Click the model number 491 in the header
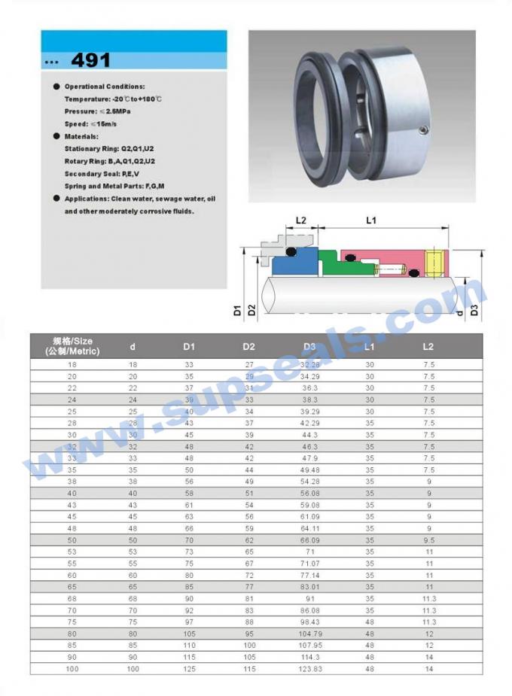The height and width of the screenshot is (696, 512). pos(90,61)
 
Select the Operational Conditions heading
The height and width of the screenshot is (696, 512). pos(105,87)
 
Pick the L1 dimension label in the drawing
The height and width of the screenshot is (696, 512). pos(370,220)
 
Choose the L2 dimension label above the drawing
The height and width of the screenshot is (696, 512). pos(300,220)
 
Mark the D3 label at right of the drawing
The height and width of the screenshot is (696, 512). pos(474,308)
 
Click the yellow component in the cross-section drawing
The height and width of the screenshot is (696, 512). pos(433,261)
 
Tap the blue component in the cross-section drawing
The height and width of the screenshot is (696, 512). pos(287,265)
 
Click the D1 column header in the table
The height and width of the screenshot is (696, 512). pos(188,347)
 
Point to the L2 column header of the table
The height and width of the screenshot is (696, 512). pos(428,347)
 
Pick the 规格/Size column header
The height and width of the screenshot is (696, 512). pos(72,347)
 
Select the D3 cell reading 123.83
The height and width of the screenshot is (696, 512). pos(309,668)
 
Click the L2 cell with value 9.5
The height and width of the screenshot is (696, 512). pos(428,540)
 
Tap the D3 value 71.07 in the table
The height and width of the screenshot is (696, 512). pos(309,562)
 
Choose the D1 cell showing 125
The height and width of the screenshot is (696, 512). pos(188,668)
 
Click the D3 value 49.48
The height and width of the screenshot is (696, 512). pos(309,470)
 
